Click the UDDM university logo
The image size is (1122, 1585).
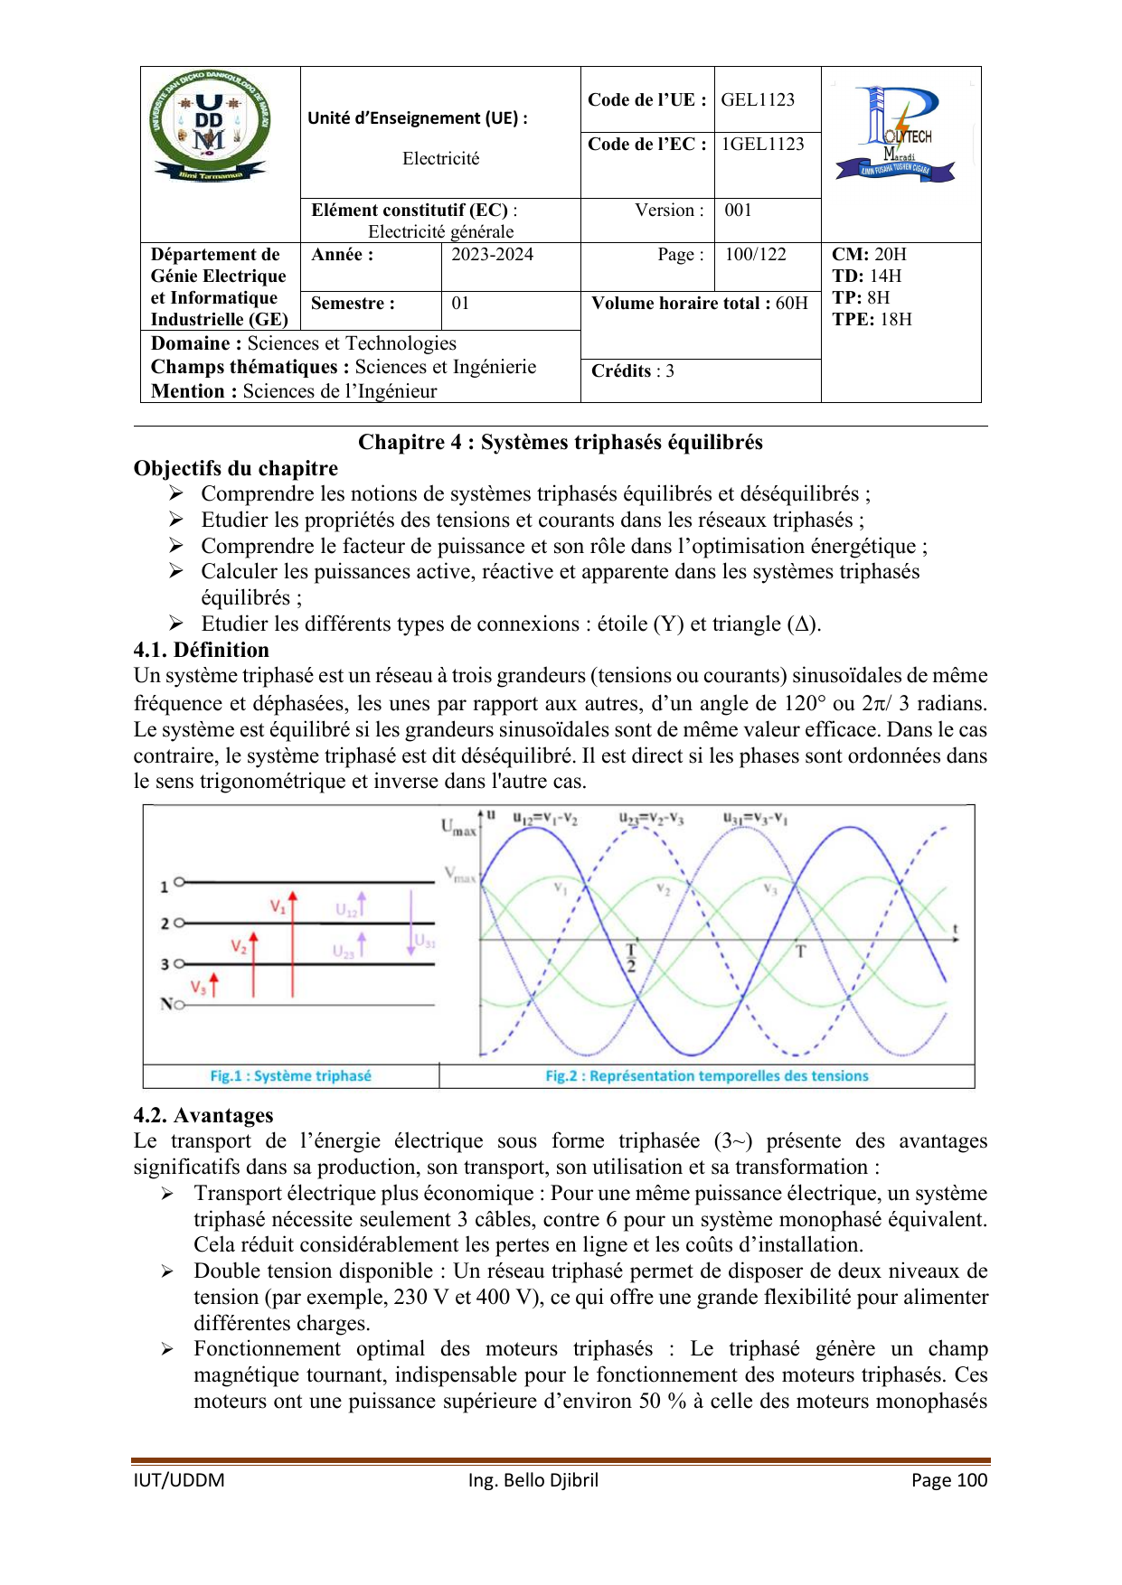click(210, 125)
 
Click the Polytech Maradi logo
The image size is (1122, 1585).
click(896, 134)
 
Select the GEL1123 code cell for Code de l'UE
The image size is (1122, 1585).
click(758, 99)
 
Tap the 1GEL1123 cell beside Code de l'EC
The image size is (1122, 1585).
click(762, 144)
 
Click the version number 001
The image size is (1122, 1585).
click(739, 210)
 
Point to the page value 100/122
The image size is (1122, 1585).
click(756, 254)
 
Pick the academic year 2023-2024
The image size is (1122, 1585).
click(493, 254)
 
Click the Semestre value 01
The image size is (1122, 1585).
click(461, 303)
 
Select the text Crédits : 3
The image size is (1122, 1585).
click(633, 370)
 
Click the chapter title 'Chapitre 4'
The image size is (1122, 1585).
click(561, 442)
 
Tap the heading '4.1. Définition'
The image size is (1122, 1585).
click(202, 650)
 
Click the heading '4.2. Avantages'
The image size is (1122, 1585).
click(203, 1115)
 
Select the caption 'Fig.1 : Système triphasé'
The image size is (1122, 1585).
click(290, 1075)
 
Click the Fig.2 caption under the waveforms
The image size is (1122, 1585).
click(706, 1075)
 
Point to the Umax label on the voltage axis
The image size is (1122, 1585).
click(457, 827)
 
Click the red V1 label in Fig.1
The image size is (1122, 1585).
click(278, 905)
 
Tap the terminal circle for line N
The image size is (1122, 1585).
click(179, 1004)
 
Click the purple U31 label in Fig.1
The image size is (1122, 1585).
click(425, 942)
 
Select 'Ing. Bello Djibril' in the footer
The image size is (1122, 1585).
click(533, 1479)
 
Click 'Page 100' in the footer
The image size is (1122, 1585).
click(949, 1479)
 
